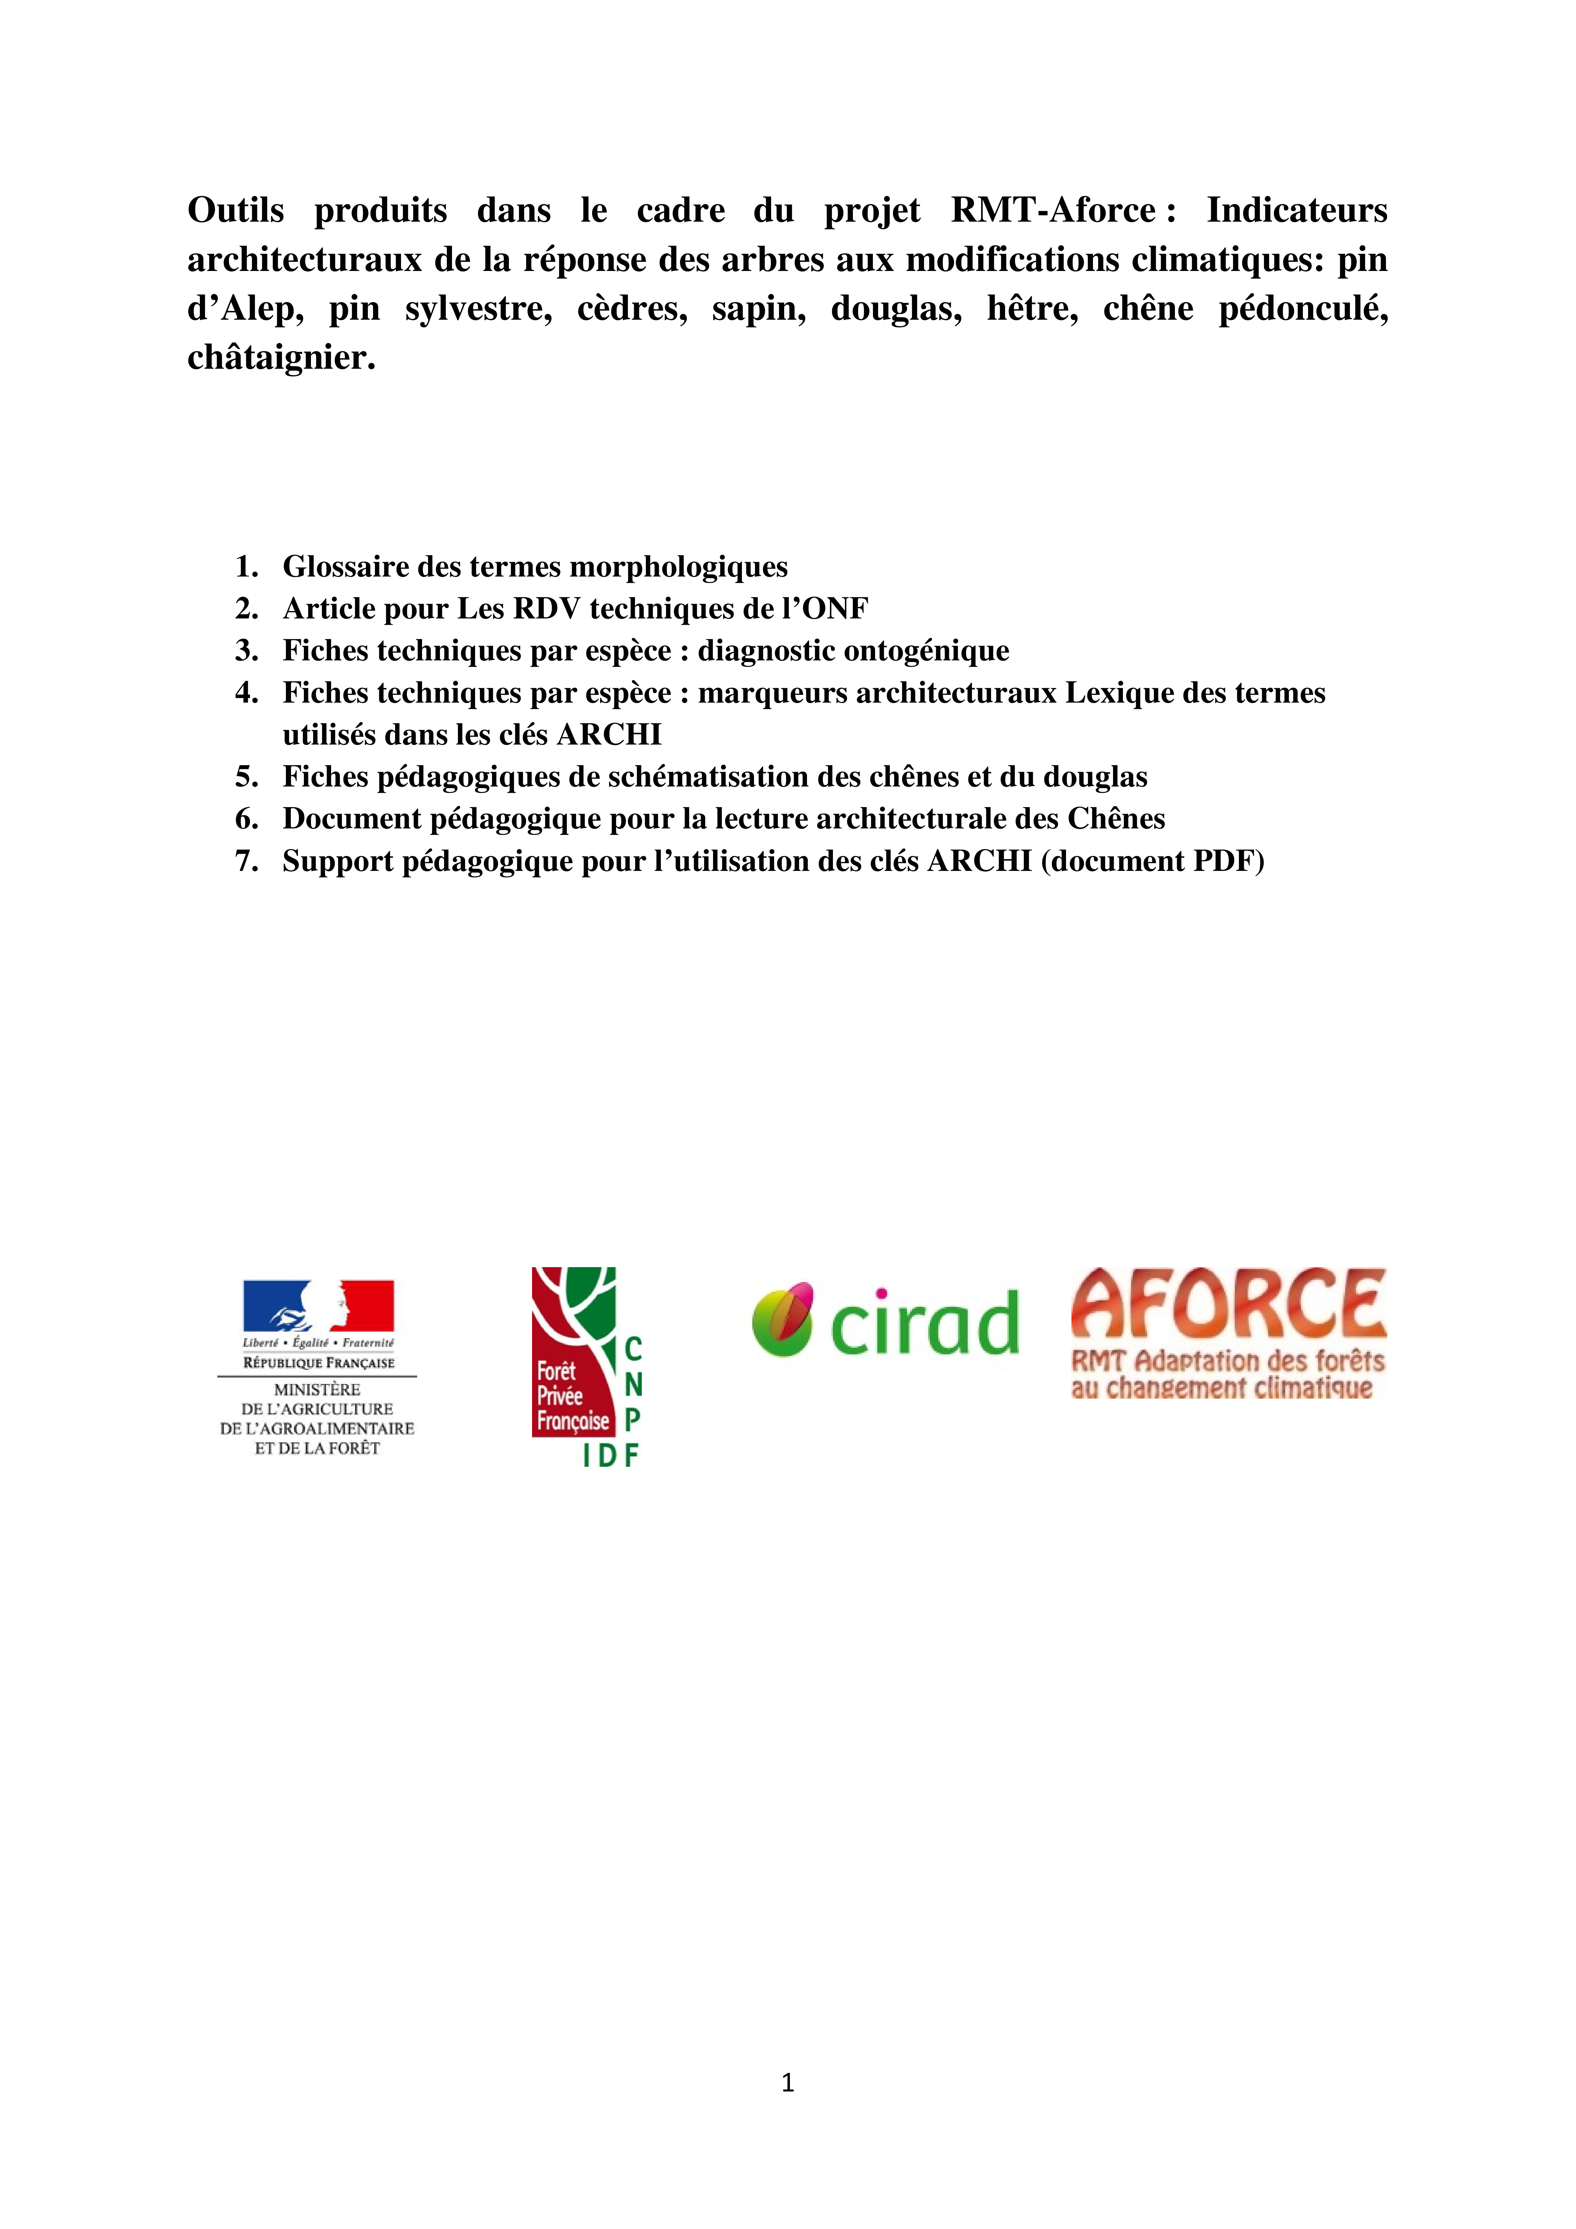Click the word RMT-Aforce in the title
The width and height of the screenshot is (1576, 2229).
point(1053,211)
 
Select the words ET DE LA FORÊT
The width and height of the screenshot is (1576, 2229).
point(317,1449)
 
